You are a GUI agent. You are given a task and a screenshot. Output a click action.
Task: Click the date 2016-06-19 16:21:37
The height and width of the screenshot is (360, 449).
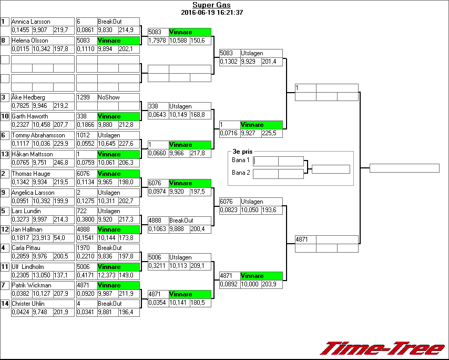tap(211, 13)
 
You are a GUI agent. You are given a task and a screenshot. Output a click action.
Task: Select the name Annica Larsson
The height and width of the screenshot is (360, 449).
tap(31, 22)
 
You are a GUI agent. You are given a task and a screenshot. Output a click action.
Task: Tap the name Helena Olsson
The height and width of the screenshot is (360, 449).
tap(30, 41)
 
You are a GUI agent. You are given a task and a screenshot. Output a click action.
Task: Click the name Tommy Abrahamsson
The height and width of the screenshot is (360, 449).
tap(35, 135)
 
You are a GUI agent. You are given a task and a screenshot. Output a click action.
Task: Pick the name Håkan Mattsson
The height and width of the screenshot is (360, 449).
tap(32, 154)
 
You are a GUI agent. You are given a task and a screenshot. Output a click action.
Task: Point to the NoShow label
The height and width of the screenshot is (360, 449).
tap(109, 97)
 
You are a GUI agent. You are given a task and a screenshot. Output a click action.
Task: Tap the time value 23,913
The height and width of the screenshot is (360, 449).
tap(42, 238)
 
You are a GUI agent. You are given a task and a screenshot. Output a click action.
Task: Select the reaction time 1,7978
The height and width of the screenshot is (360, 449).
tap(157, 41)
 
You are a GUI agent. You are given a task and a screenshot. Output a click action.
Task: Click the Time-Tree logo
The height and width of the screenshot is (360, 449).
tap(383, 348)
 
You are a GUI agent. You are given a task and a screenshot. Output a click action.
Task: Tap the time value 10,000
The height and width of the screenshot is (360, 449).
tap(251, 284)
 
